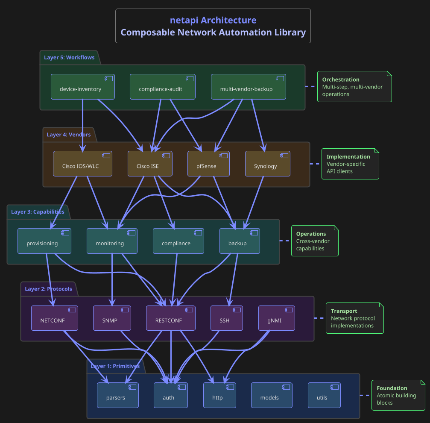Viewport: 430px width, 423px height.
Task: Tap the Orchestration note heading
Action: [341, 79]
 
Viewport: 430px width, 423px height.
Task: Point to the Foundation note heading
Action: [392, 388]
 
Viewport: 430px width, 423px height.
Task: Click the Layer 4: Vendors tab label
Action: [69, 135]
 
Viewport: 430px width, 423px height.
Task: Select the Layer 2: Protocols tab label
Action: [49, 289]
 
